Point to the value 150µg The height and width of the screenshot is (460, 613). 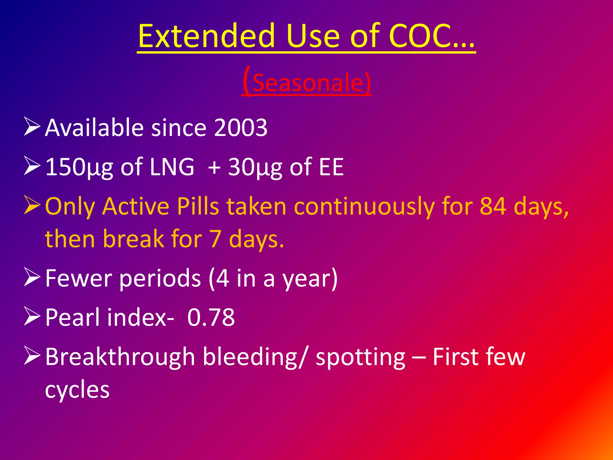click(79, 167)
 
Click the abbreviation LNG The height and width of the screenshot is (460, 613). click(172, 167)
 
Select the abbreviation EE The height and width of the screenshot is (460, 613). click(331, 167)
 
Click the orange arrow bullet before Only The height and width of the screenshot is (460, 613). click(32, 205)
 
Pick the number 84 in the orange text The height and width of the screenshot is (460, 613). click(493, 206)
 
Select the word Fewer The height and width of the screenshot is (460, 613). click(78, 278)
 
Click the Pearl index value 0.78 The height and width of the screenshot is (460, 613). click(211, 317)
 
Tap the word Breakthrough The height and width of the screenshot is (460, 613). click(120, 357)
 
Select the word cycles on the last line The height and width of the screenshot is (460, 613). click(77, 390)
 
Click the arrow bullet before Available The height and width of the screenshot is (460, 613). click(32, 127)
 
